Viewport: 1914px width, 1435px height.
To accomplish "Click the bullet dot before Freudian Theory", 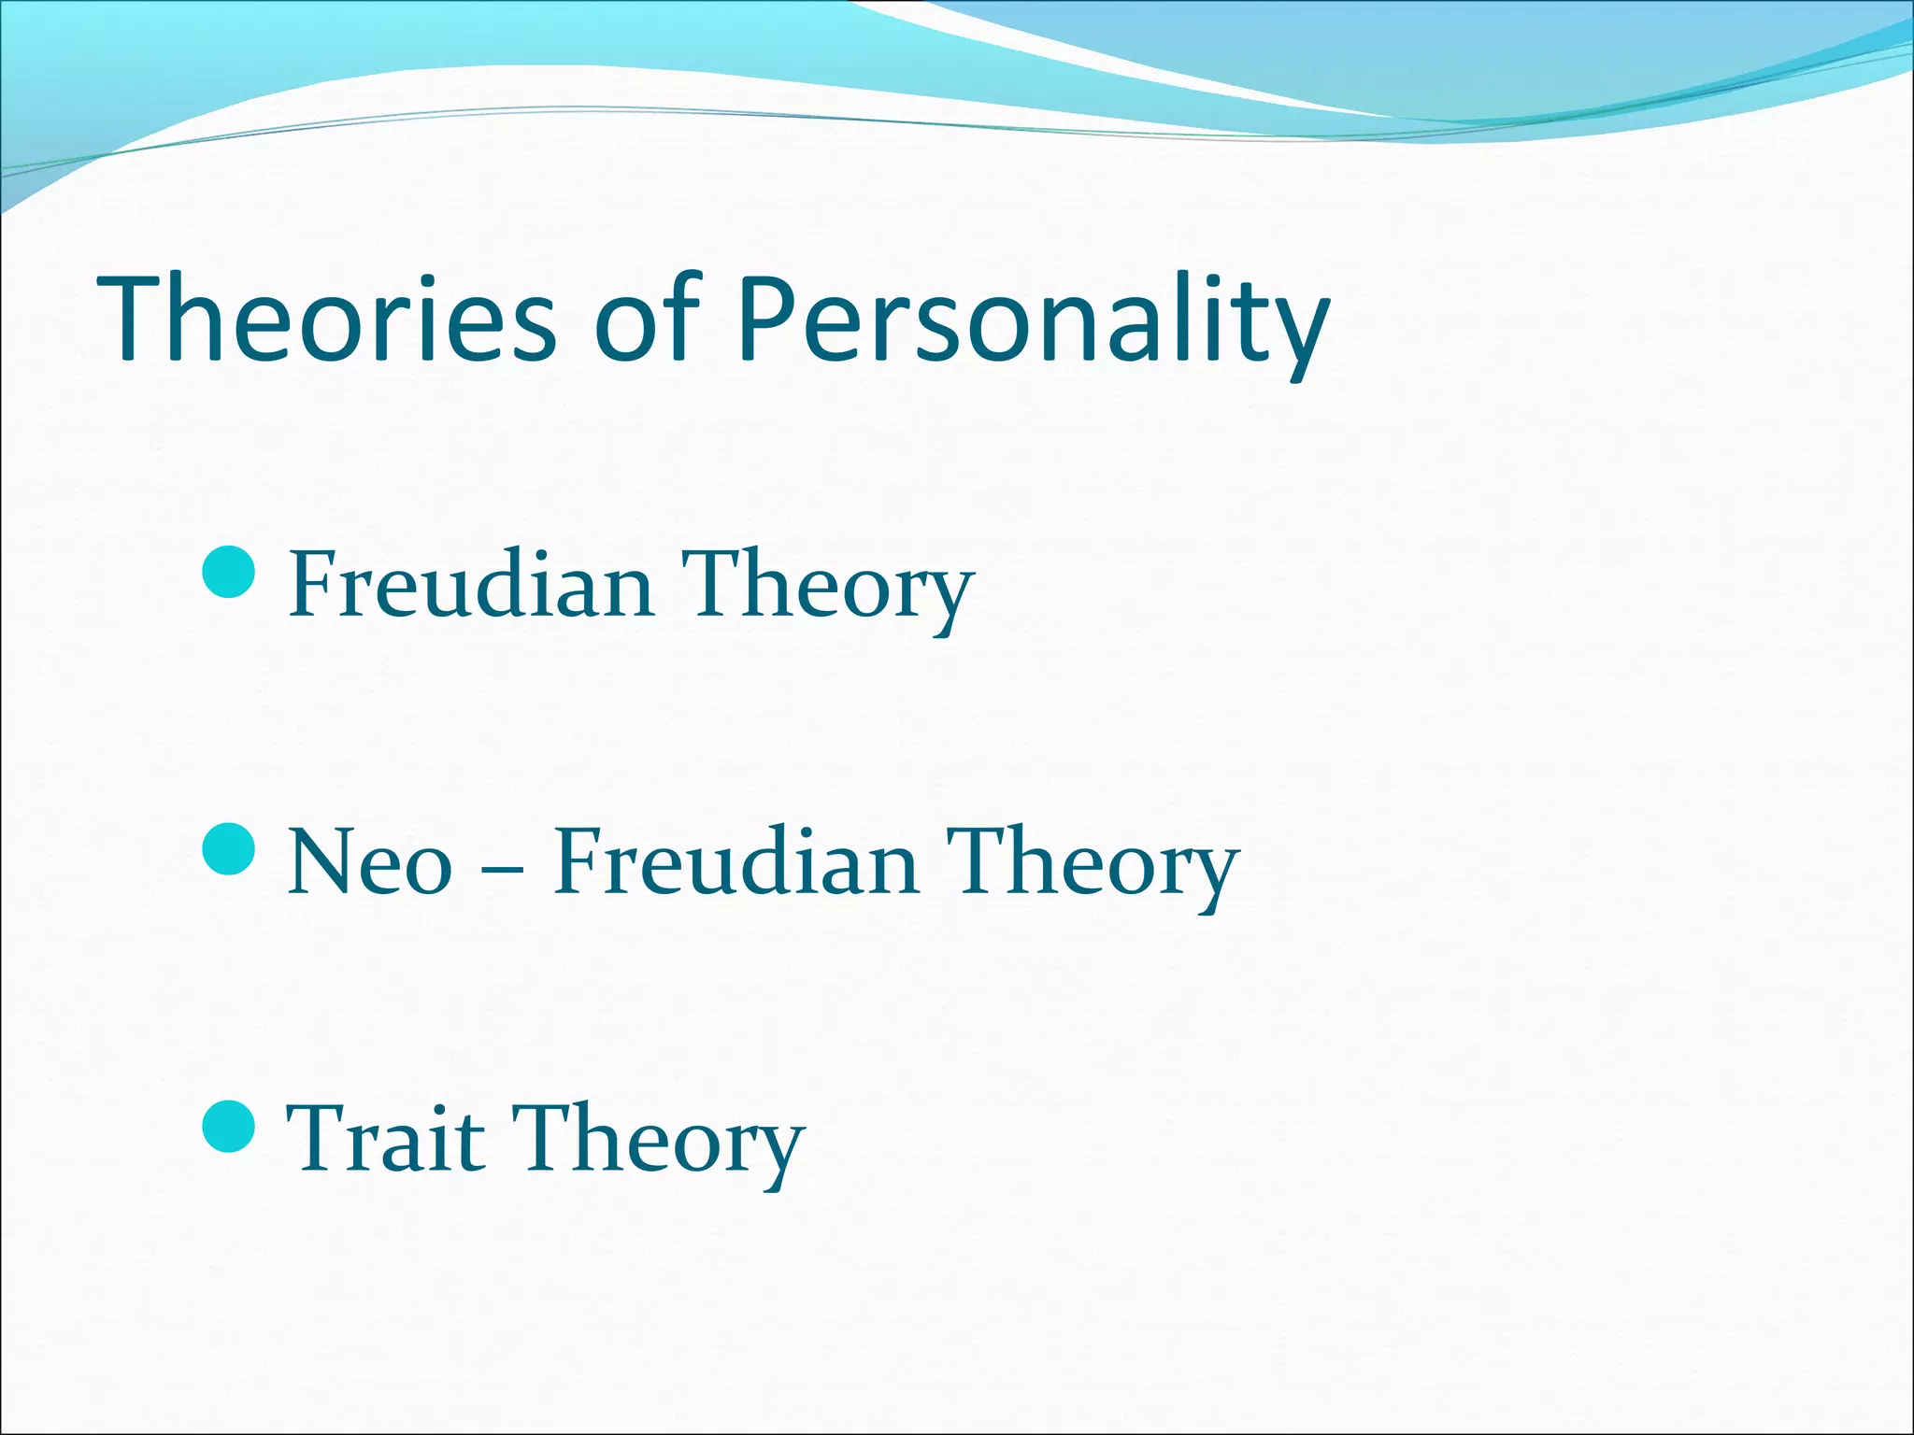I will (228, 571).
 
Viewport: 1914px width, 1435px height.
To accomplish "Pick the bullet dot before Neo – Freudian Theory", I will (228, 848).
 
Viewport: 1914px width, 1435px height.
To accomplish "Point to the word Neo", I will (369, 861).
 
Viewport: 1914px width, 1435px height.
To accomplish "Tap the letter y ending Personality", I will (1299, 332).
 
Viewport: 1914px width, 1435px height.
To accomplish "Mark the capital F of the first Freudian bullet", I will (313, 585).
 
